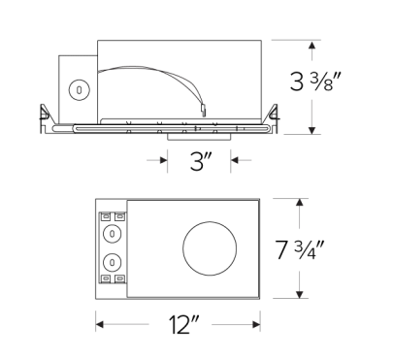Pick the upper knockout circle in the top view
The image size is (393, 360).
113,234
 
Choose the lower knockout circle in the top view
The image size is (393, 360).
113,262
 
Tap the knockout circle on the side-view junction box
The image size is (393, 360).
76,89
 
